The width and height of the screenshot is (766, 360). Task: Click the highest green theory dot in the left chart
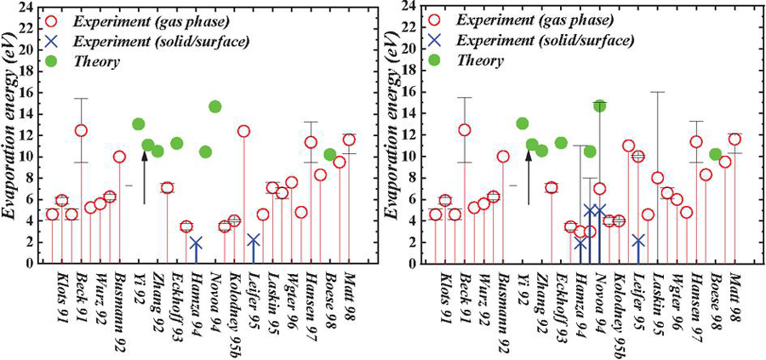214,107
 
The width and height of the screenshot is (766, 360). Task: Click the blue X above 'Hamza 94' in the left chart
196,243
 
